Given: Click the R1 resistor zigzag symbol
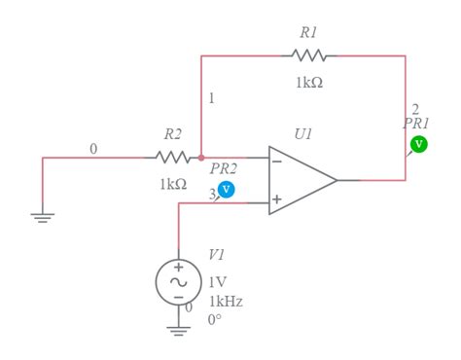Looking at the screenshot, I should pyautogui.click(x=308, y=55).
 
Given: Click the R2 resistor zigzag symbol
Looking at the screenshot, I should pyautogui.click(x=172, y=156).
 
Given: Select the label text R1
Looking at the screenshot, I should pyautogui.click(x=308, y=32).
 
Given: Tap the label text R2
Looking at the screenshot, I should pyautogui.click(x=172, y=133).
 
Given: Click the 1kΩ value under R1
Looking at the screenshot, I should pyautogui.click(x=309, y=83).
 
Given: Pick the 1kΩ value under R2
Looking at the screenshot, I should pyautogui.click(x=173, y=183).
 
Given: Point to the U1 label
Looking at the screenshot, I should pyautogui.click(x=303, y=134).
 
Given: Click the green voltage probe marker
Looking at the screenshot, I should pyautogui.click(x=419, y=144).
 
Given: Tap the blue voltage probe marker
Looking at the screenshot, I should pyautogui.click(x=226, y=189).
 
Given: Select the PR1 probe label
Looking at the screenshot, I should pyautogui.click(x=416, y=124).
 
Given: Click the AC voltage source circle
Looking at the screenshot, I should pyautogui.click(x=179, y=281).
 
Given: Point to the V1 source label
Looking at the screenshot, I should pyautogui.click(x=217, y=255).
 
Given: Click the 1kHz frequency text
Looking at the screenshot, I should pyautogui.click(x=226, y=301).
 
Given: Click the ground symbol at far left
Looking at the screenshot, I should pyautogui.click(x=43, y=219).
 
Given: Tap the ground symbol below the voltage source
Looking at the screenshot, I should pyautogui.click(x=179, y=330).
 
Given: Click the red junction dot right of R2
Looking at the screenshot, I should pyautogui.click(x=201, y=156).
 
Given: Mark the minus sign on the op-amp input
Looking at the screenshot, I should pyautogui.click(x=277, y=161).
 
